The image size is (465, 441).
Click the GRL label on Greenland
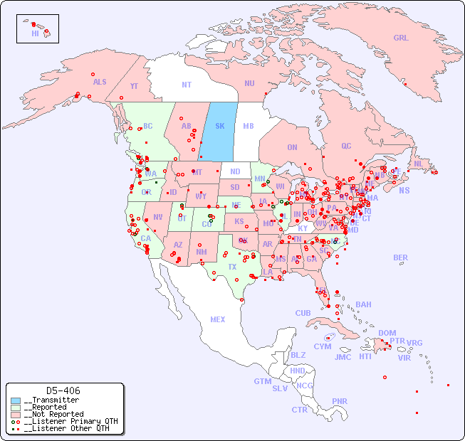(x=401, y=38)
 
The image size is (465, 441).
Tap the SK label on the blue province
(x=220, y=126)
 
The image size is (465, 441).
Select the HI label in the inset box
(x=35, y=33)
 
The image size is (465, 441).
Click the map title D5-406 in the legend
(x=63, y=390)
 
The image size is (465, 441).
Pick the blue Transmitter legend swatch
(x=16, y=400)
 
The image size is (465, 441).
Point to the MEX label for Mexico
(x=218, y=319)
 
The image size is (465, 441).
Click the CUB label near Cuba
(x=303, y=313)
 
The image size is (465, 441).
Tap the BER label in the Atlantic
(x=400, y=257)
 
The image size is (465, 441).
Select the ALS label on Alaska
(x=100, y=82)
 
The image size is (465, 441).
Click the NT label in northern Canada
(x=187, y=84)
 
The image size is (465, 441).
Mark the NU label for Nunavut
(x=249, y=83)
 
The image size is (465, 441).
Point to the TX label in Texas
(x=232, y=267)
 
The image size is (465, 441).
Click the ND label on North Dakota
(x=235, y=171)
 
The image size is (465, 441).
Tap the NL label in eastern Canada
(x=419, y=163)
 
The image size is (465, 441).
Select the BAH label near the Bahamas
(x=363, y=304)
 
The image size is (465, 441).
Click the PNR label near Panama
(x=340, y=401)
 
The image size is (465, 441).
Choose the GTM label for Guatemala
(x=262, y=381)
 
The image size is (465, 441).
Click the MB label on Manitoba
(x=249, y=126)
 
